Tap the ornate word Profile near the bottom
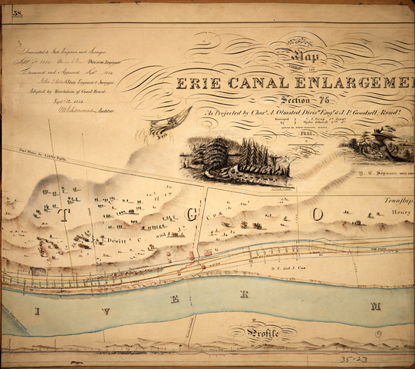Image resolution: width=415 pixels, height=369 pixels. (272, 334)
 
